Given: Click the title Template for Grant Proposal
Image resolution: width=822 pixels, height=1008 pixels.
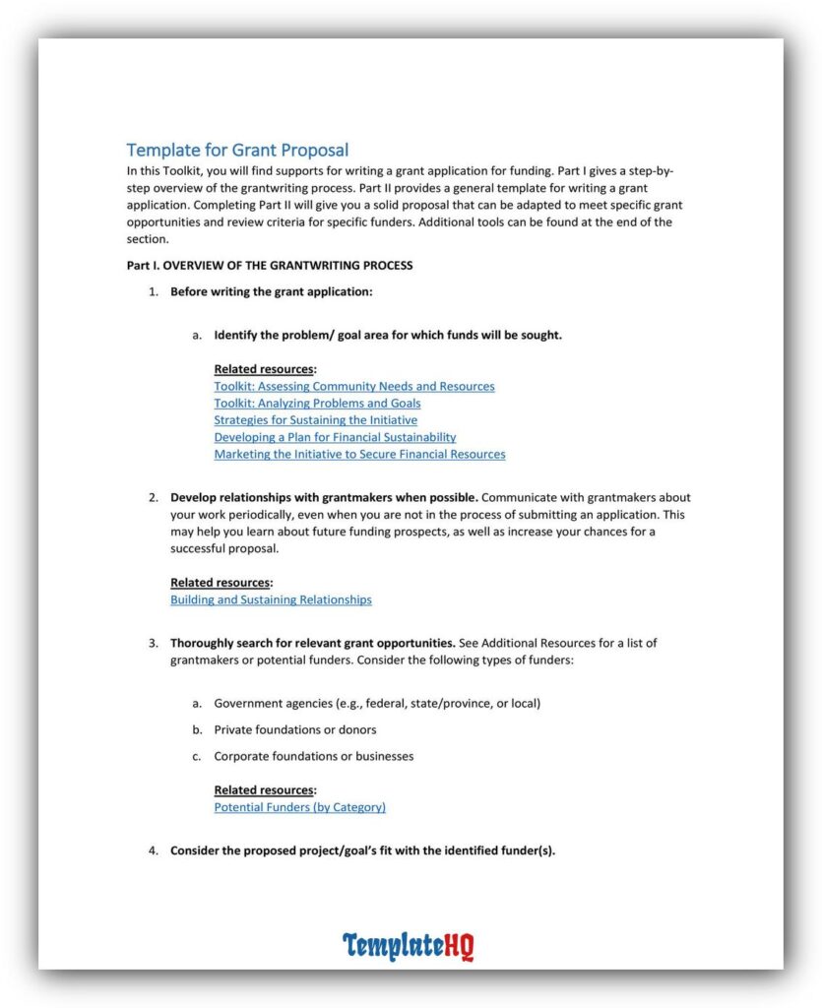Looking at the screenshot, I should pyautogui.click(x=237, y=150).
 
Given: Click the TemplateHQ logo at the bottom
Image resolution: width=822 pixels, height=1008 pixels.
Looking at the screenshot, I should pyautogui.click(x=408, y=946).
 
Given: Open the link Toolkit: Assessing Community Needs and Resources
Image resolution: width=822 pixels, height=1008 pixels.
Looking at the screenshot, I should pyautogui.click(x=354, y=386).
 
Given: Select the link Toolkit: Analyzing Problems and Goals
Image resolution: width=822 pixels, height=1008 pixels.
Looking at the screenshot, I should pyautogui.click(x=317, y=403).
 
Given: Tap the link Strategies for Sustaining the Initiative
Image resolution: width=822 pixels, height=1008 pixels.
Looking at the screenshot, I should pyautogui.click(x=315, y=420).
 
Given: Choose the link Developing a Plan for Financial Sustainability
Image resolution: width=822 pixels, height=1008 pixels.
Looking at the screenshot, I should pyautogui.click(x=335, y=437).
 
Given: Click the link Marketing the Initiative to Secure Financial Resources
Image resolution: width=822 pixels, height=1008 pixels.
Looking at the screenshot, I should pyautogui.click(x=359, y=454).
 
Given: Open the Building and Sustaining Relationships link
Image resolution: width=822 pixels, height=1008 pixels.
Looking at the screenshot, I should pyautogui.click(x=271, y=598).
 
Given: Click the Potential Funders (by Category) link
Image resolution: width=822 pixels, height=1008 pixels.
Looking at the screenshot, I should pyautogui.click(x=299, y=806).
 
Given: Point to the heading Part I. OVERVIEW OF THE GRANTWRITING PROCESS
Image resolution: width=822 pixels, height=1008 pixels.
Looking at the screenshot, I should pyautogui.click(x=270, y=266).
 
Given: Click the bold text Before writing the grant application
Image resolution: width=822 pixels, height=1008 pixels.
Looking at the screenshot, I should pyautogui.click(x=271, y=291).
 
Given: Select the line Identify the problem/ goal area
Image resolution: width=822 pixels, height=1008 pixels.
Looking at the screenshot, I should pyautogui.click(x=388, y=335).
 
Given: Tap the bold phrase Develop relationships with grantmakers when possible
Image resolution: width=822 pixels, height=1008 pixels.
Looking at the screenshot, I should pyautogui.click(x=324, y=497).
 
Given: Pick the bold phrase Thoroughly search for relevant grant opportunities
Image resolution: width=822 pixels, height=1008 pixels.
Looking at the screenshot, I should pyautogui.click(x=312, y=643).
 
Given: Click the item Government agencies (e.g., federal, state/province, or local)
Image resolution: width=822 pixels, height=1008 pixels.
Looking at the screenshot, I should pyautogui.click(x=377, y=703).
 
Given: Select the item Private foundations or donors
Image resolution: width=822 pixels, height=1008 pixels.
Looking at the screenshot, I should pyautogui.click(x=295, y=729).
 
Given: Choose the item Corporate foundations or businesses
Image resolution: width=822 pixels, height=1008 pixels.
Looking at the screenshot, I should pyautogui.click(x=313, y=756).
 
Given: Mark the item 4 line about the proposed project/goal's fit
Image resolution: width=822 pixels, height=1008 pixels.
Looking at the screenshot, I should pyautogui.click(x=362, y=850).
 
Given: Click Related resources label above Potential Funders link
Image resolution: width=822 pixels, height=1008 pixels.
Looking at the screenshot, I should pyautogui.click(x=265, y=789).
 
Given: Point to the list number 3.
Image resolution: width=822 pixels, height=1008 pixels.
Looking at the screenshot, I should pyautogui.click(x=153, y=643).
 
